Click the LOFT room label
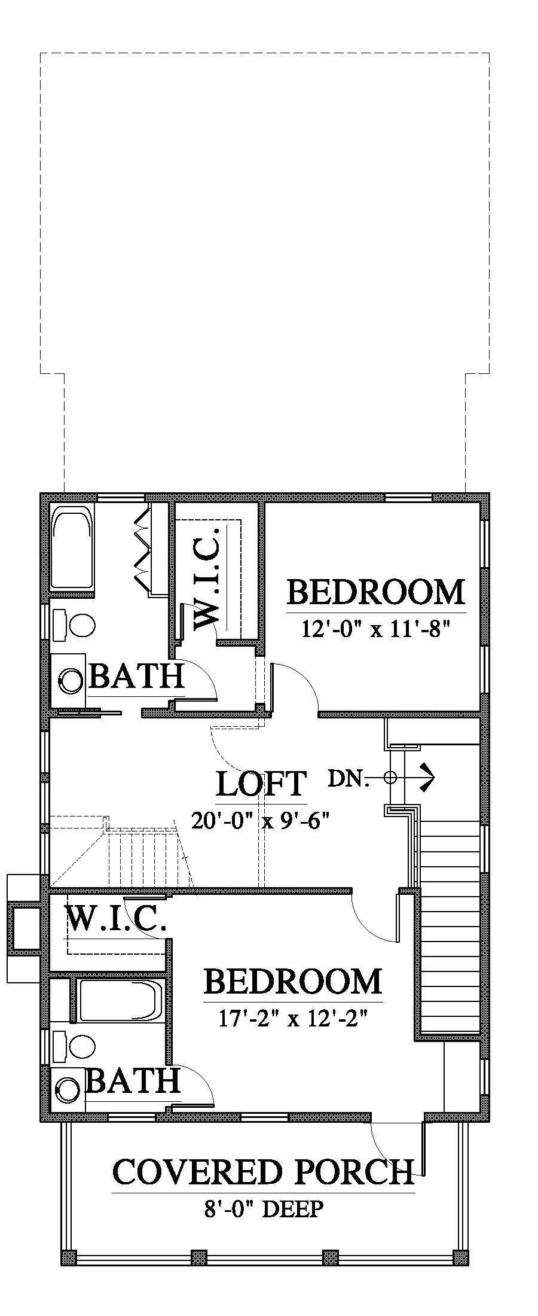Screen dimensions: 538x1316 pos(261,784)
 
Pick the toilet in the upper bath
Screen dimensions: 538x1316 pos(74,625)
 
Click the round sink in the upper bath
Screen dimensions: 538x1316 pos(72,681)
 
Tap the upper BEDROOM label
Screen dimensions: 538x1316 pos(376,592)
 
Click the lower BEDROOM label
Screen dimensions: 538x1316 pos(293,981)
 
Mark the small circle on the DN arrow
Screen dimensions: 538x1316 pos(390,778)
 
